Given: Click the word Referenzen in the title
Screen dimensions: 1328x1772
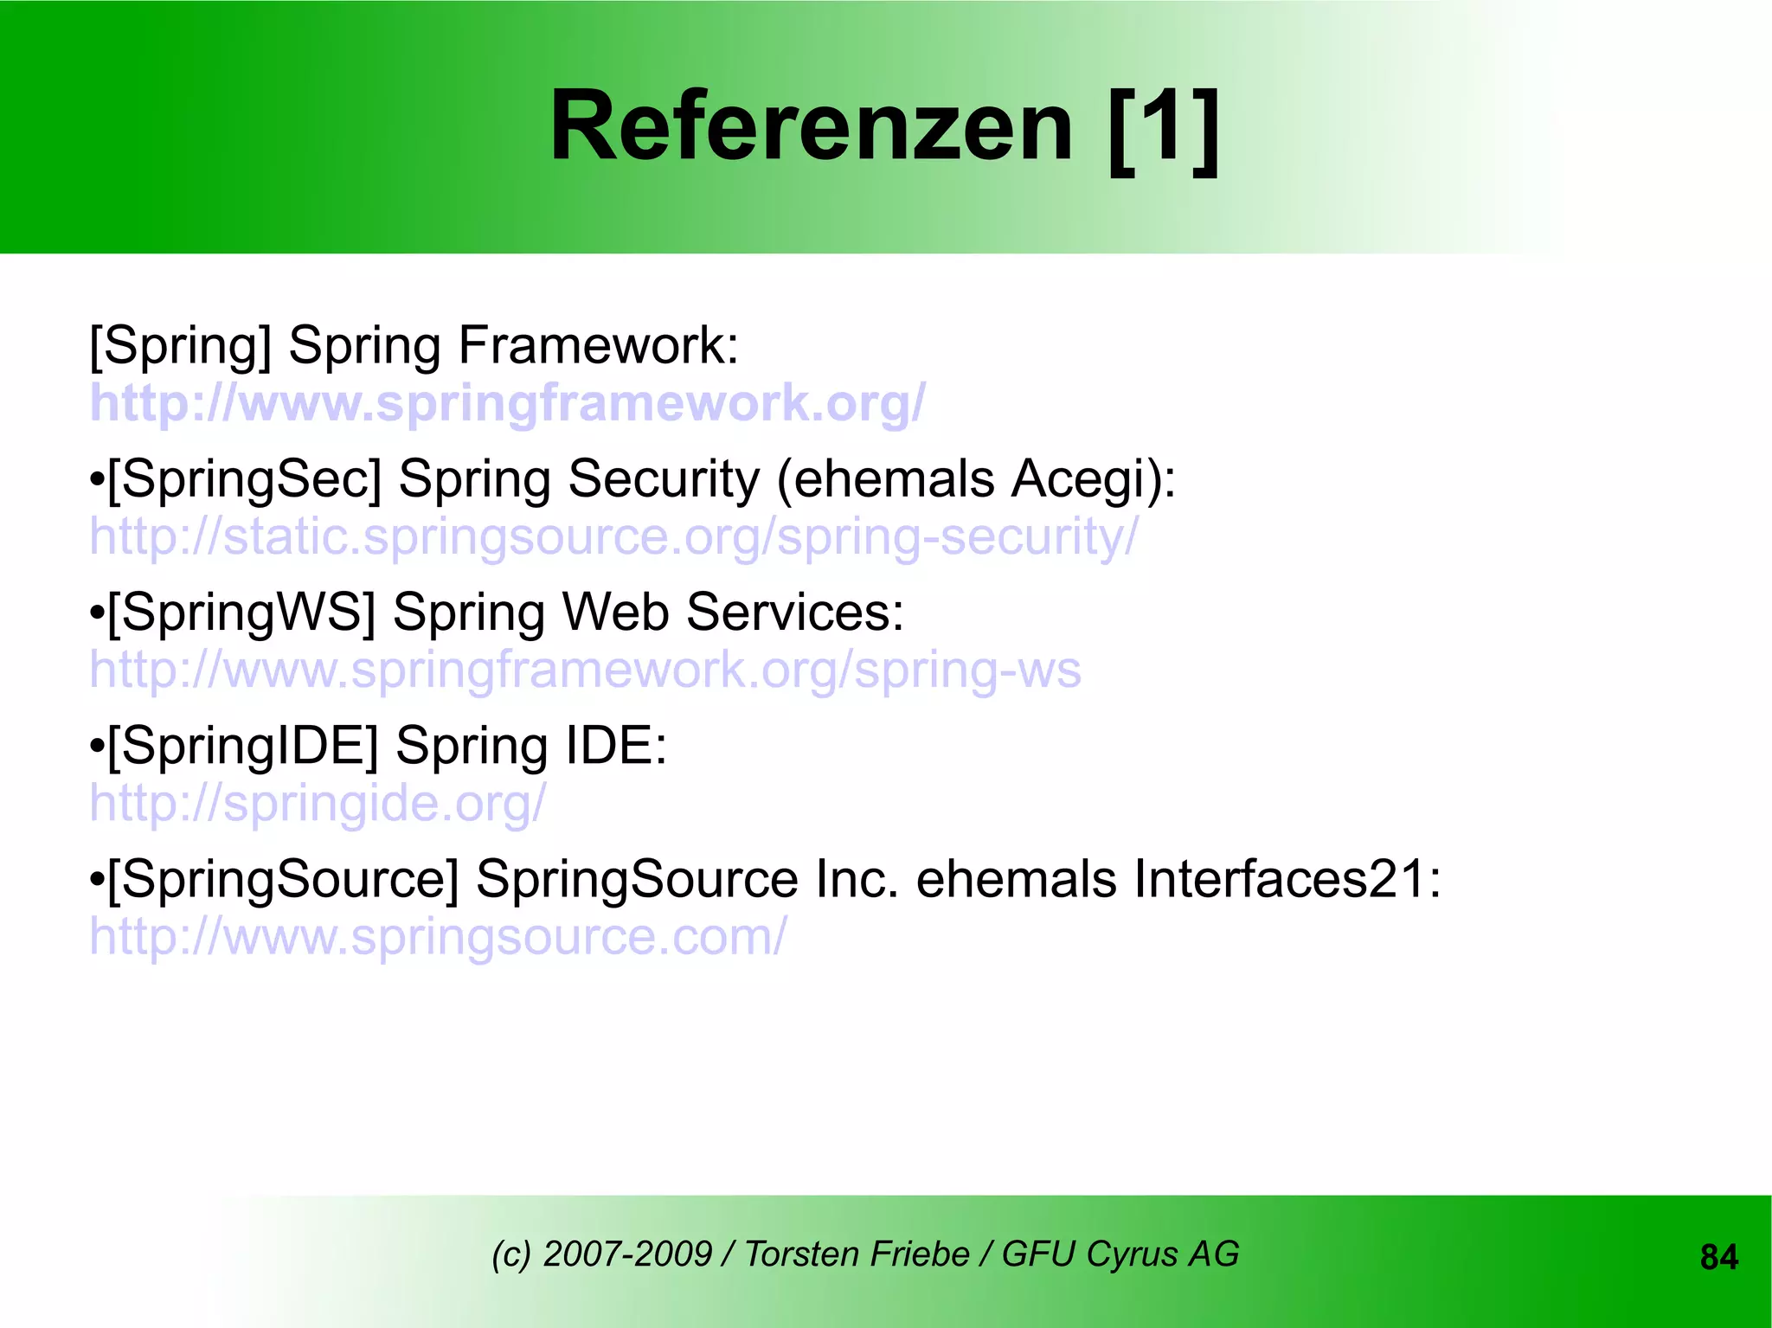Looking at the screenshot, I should tap(812, 128).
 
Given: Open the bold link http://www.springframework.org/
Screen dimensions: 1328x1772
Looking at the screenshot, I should tap(508, 403).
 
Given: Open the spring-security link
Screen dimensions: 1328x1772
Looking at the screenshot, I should tap(614, 537).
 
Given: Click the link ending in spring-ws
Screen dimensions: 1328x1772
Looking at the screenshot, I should tap(585, 670).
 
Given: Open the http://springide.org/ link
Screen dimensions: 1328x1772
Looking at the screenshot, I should tap(318, 804).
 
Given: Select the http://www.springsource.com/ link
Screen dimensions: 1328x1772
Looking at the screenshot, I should tap(439, 937).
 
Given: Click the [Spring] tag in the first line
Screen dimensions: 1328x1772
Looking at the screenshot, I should tap(180, 346).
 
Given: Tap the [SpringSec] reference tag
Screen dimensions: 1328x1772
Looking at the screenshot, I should tap(244, 479).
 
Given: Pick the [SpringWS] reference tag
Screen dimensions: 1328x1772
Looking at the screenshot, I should tap(241, 613).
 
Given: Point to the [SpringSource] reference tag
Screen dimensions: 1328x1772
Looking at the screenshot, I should tap(283, 880).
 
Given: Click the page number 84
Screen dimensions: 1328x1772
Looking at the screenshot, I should tap(1718, 1257).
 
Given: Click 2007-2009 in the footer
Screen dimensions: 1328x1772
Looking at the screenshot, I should tap(627, 1254).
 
